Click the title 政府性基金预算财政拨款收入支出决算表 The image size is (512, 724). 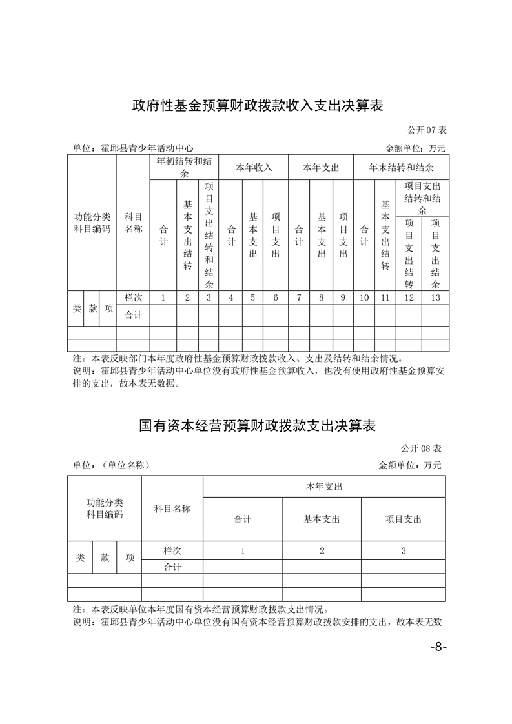[257, 105]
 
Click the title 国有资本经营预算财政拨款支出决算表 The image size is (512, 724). [257, 426]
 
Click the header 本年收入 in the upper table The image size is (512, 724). [253, 167]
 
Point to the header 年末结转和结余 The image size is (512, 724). [401, 167]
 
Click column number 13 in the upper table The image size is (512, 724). [435, 297]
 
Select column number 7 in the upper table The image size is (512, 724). [298, 297]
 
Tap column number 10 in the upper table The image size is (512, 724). [364, 297]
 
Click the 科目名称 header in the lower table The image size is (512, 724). [172, 508]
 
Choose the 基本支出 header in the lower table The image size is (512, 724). [321, 519]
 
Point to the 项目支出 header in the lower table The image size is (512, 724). [403, 519]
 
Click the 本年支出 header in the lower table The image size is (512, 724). [324, 487]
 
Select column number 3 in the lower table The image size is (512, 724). [403, 550]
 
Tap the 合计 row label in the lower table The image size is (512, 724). [172, 567]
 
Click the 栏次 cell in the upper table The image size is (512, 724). [133, 297]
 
